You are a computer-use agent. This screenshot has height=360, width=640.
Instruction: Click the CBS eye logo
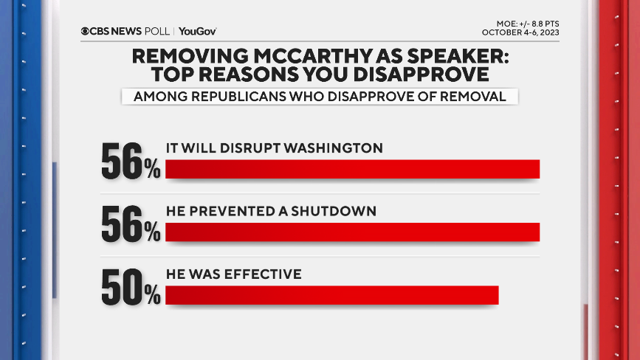(86, 31)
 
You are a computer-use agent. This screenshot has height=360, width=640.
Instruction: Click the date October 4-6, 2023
(521, 32)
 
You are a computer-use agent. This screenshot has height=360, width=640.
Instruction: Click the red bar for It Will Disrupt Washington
(352, 169)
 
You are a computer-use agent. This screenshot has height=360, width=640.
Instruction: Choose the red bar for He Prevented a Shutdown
(352, 232)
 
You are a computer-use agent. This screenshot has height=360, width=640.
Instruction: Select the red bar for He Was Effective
(332, 295)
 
